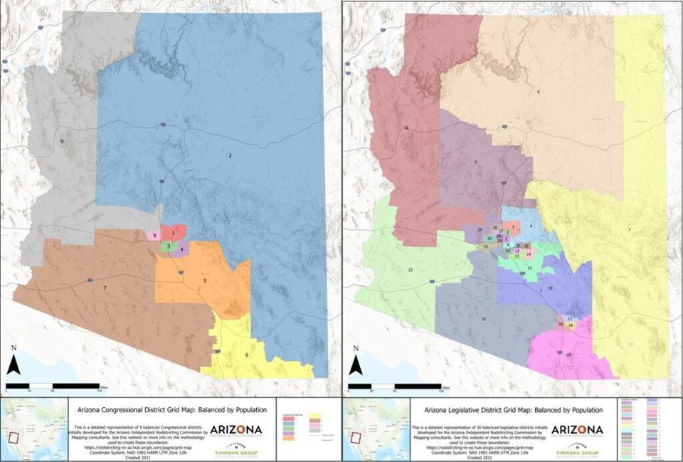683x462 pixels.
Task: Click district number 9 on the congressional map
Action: point(62,142)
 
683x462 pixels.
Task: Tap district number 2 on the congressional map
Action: point(231,154)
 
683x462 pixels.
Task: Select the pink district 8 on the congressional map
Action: point(154,235)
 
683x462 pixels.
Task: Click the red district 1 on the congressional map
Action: point(173,232)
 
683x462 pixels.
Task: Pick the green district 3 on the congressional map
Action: point(168,246)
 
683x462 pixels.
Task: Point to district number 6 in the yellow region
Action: point(247,355)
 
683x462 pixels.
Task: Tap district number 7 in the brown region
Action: point(105,288)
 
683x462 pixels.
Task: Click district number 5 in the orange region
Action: point(205,281)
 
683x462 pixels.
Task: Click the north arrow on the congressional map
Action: point(14,362)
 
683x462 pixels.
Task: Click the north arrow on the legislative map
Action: point(355,362)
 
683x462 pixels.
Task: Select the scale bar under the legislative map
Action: point(395,387)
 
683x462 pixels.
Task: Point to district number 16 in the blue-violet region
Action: point(550,288)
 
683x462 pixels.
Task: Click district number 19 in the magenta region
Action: point(568,354)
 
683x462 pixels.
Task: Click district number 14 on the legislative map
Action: point(529,254)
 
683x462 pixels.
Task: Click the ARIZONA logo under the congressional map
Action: point(235,430)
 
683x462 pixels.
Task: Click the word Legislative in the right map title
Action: point(488,410)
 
